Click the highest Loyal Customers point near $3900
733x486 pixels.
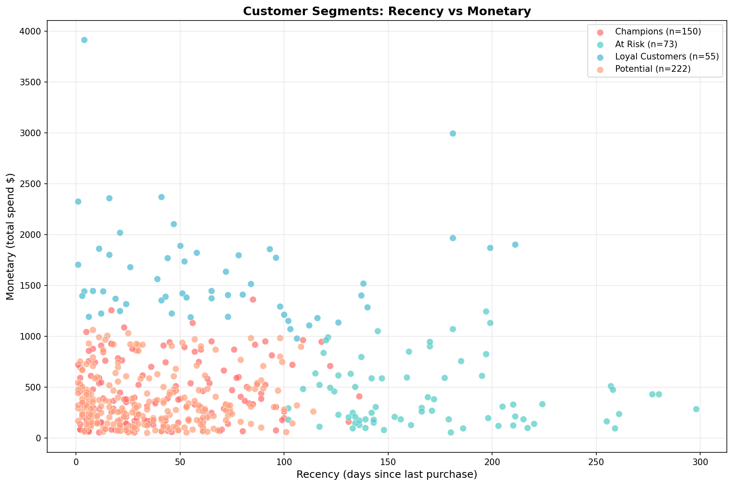click(84, 40)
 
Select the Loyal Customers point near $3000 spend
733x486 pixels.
click(453, 133)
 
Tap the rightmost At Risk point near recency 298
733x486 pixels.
click(696, 409)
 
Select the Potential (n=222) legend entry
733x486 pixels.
click(653, 69)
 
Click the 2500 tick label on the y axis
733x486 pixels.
click(34, 184)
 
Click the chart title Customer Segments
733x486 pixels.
click(387, 11)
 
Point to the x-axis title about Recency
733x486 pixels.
click(387, 475)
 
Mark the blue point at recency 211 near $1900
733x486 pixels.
click(515, 244)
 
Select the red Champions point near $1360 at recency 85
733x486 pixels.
click(253, 299)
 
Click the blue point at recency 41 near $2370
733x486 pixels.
click(161, 197)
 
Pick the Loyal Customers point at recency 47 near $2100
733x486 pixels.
click(174, 224)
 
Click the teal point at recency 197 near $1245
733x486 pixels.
click(486, 311)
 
